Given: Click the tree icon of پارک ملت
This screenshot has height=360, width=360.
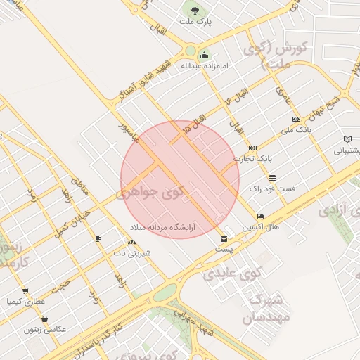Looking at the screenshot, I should pyautogui.click(x=194, y=11).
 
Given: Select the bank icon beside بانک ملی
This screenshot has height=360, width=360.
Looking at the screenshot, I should pyautogui.click(x=296, y=119).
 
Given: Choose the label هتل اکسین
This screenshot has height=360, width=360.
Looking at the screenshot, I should pyautogui.click(x=261, y=227).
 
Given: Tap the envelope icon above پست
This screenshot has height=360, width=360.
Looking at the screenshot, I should pyautogui.click(x=224, y=239).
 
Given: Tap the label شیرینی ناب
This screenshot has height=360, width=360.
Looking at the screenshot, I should pyautogui.click(x=129, y=252).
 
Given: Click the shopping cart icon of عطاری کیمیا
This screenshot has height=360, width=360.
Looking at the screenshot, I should pyautogui.click(x=25, y=290).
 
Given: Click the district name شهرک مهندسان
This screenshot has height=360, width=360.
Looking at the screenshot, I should pyautogui.click(x=264, y=310).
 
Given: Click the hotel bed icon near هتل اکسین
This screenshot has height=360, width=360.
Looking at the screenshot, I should pyautogui.click(x=261, y=216).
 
